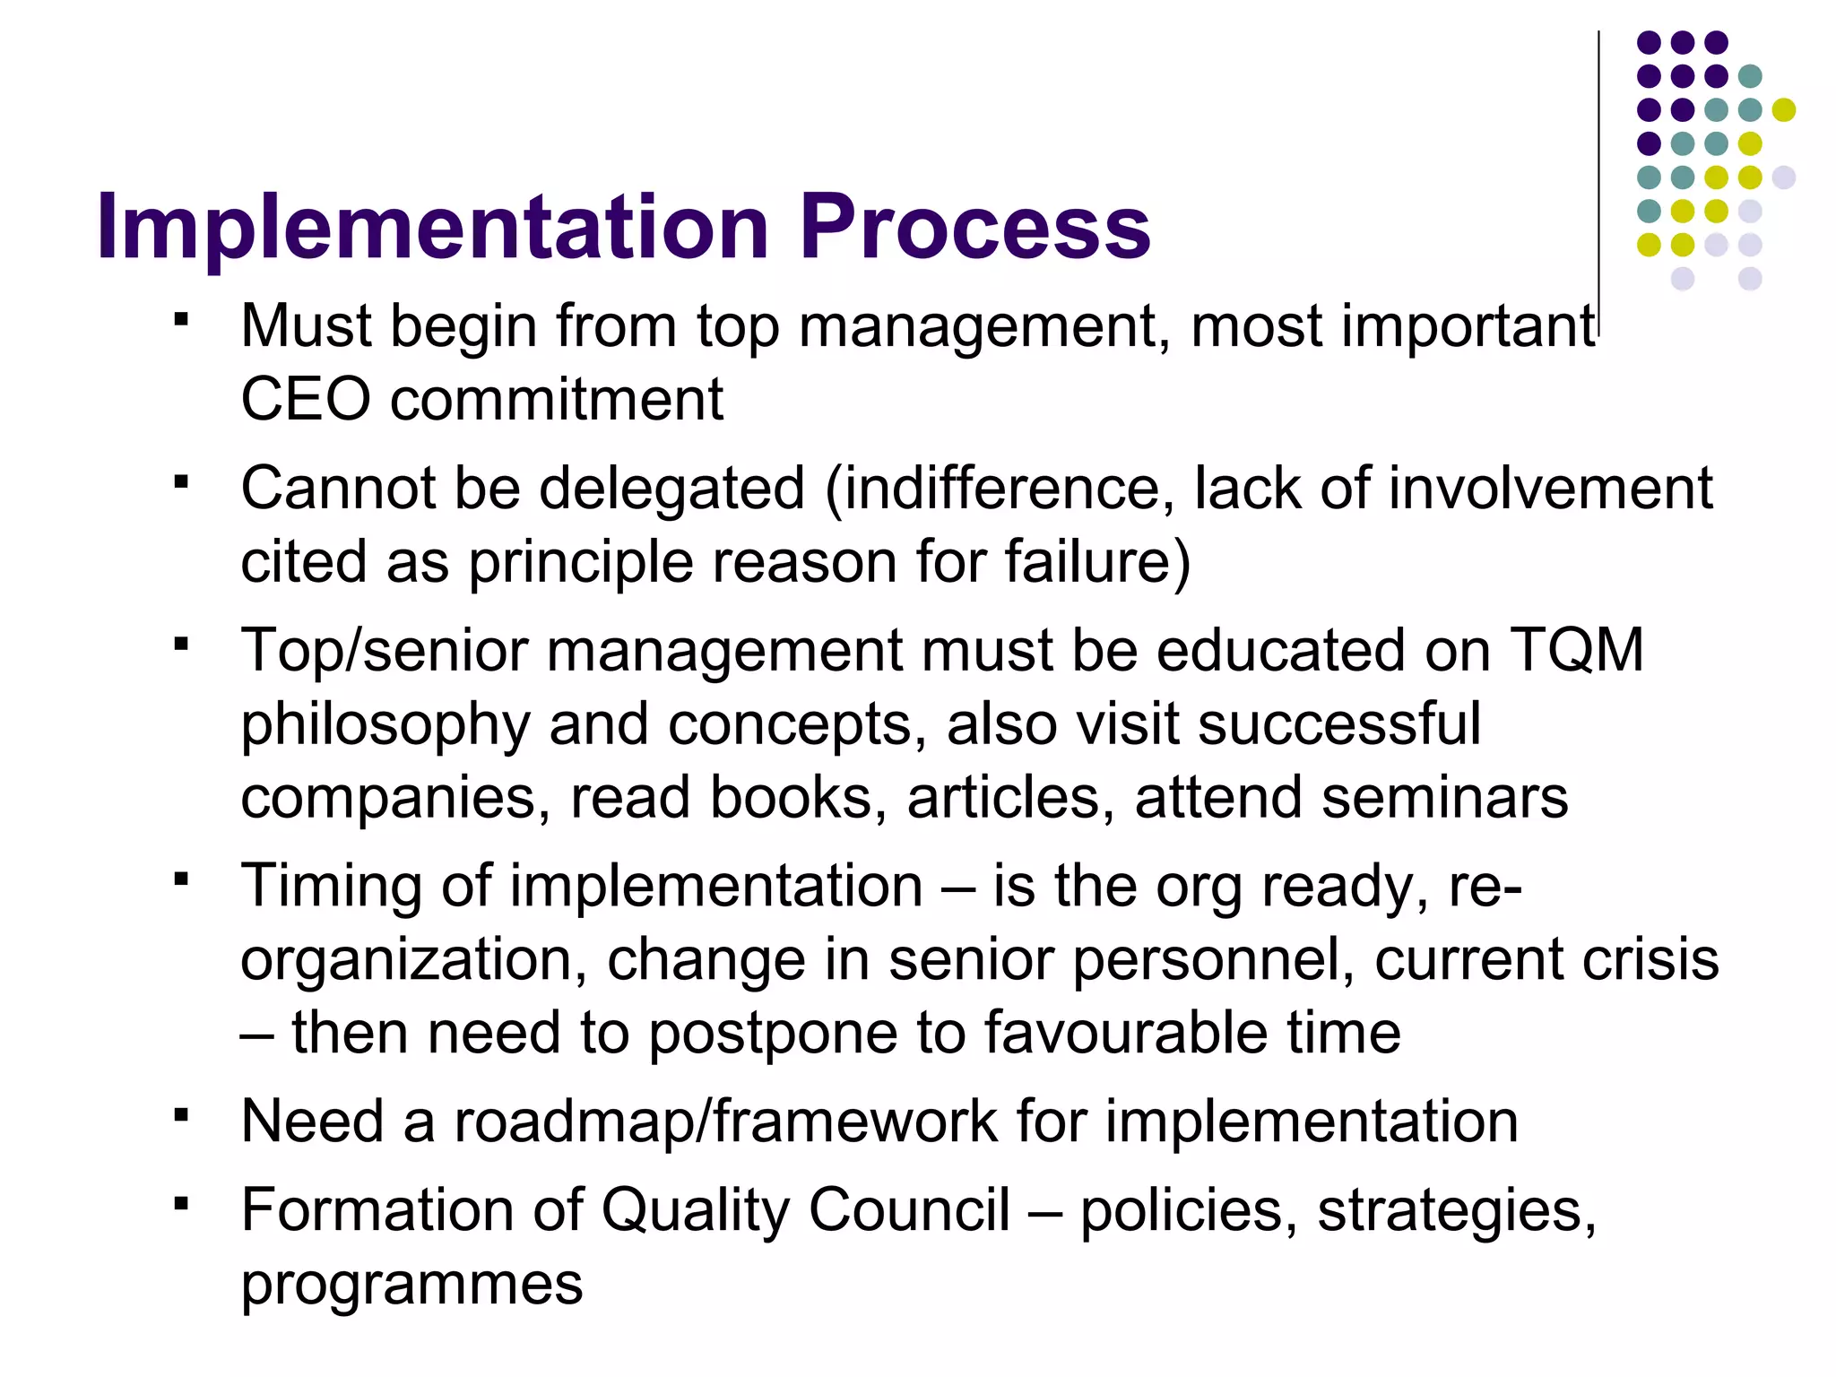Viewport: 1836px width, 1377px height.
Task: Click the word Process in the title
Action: [x=974, y=228]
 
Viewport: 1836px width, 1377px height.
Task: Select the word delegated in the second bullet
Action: [x=671, y=489]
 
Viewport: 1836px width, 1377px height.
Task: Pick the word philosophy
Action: [x=385, y=726]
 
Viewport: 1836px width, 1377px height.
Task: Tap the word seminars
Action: [x=1444, y=798]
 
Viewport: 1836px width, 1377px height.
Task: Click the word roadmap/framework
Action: [x=725, y=1122]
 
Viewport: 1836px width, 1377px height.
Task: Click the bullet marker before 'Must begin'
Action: [x=182, y=320]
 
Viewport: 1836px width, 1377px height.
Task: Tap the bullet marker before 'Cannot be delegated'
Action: [x=182, y=483]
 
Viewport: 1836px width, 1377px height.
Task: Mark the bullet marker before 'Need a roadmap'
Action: [x=182, y=1116]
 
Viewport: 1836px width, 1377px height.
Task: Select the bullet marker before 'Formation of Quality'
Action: [x=182, y=1205]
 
